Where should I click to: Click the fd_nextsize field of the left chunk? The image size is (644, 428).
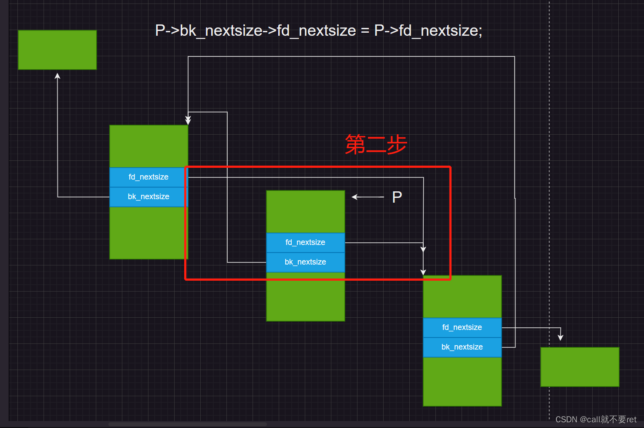click(x=148, y=177)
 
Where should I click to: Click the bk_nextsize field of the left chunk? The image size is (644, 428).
click(x=148, y=197)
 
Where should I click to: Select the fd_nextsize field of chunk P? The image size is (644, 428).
click(x=305, y=242)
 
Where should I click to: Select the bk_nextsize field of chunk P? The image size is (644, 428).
click(x=305, y=262)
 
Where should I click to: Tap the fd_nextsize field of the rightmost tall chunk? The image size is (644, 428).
click(x=462, y=327)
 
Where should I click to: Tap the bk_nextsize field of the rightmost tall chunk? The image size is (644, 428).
click(x=462, y=347)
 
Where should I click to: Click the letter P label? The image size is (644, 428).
click(x=397, y=197)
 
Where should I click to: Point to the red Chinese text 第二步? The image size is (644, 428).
click(x=376, y=144)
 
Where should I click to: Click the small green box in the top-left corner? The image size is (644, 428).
click(x=57, y=50)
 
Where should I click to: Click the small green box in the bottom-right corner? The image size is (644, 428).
click(x=580, y=367)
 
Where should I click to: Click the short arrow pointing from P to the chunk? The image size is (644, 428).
click(x=368, y=197)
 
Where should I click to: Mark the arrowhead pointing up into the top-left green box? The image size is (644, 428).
click(x=57, y=76)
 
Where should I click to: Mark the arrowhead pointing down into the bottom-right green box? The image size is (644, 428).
click(x=560, y=337)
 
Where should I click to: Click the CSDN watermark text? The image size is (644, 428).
click(x=596, y=419)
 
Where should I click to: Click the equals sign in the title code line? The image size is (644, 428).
click(x=365, y=31)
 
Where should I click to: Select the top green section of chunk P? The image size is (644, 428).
click(x=305, y=211)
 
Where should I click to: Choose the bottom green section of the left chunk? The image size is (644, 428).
click(x=148, y=233)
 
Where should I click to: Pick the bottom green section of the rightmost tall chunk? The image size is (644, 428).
click(x=462, y=381)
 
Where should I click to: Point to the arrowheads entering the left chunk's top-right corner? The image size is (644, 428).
click(x=188, y=120)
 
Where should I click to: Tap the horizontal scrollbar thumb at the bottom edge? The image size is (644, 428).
click(x=188, y=424)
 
